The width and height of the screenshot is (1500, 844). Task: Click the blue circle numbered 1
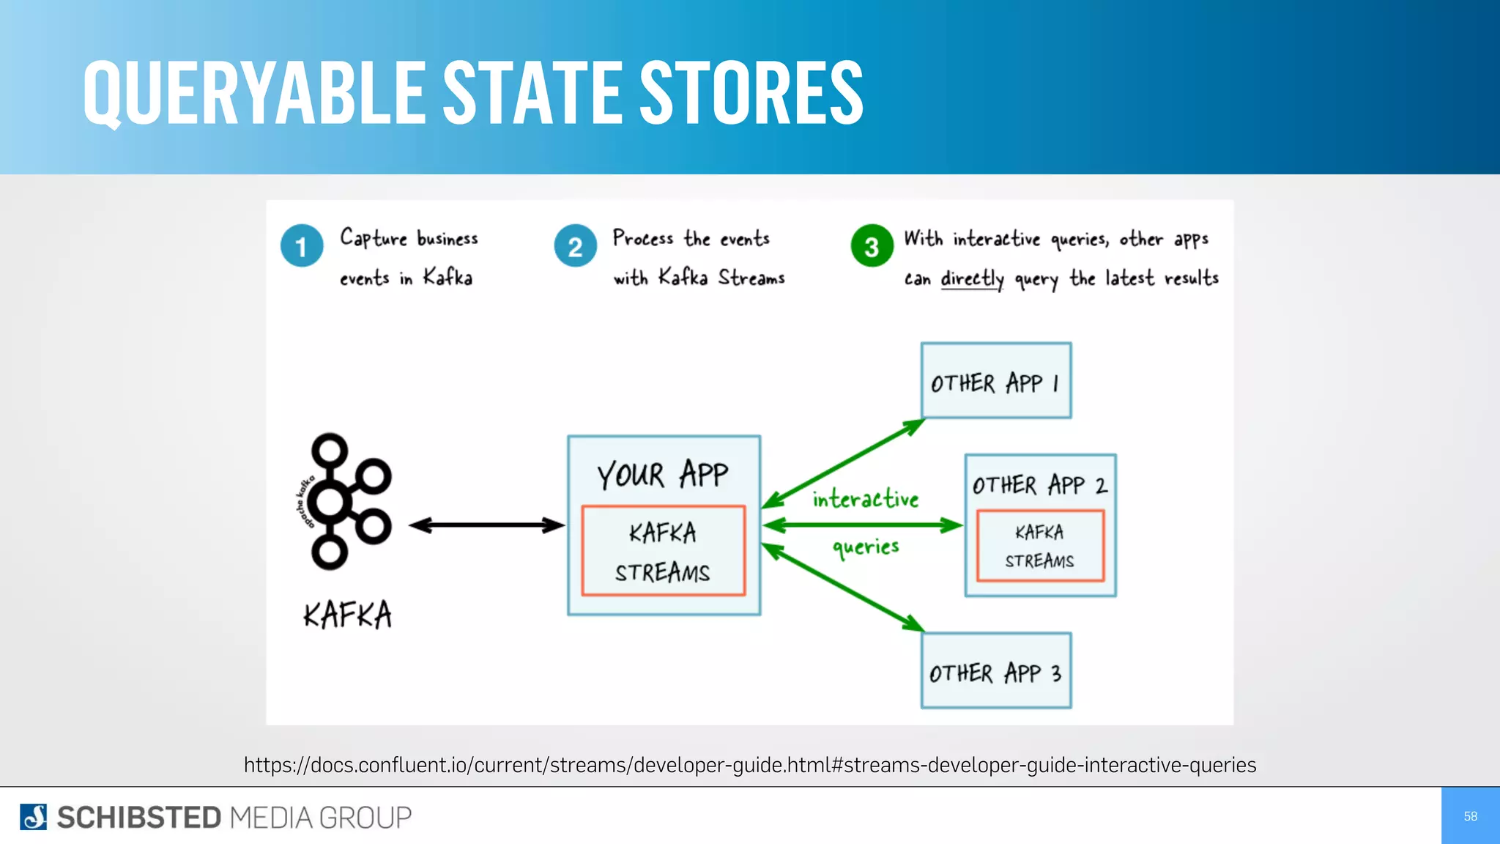(x=301, y=246)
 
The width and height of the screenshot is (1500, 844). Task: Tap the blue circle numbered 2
(x=575, y=246)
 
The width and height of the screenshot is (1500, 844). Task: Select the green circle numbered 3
(x=872, y=246)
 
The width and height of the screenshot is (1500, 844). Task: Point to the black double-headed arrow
(x=487, y=525)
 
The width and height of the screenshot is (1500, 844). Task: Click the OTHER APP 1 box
(x=996, y=381)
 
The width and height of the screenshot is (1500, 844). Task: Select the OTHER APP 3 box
(x=996, y=671)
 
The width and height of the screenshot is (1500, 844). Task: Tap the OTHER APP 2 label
(x=1039, y=485)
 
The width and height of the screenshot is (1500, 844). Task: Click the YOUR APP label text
(x=663, y=475)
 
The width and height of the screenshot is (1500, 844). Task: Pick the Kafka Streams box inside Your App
(x=664, y=551)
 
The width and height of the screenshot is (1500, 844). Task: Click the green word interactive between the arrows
(x=865, y=499)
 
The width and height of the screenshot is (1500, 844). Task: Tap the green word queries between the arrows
(x=866, y=547)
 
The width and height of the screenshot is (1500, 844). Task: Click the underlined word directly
(x=972, y=278)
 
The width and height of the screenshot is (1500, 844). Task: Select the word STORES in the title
(x=751, y=93)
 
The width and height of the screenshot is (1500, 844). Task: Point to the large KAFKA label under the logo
(x=348, y=615)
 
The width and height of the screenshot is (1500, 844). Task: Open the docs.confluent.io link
(x=750, y=765)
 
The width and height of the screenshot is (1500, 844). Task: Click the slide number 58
(x=1470, y=816)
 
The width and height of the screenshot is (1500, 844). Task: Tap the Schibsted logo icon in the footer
(x=34, y=817)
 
